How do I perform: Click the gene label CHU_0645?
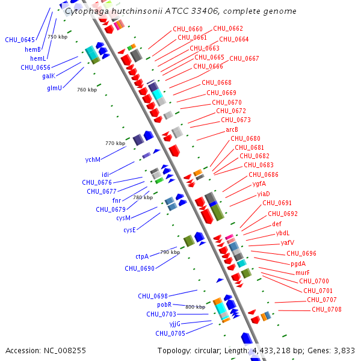click(20, 40)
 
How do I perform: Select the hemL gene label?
click(38, 58)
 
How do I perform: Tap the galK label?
click(49, 76)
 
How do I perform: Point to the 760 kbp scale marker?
click(87, 90)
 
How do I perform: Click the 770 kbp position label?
click(116, 143)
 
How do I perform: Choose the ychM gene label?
click(93, 159)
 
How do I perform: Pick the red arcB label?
click(232, 129)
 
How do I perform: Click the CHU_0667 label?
click(244, 58)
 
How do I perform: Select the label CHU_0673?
click(236, 120)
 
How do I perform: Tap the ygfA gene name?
click(259, 184)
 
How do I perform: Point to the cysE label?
click(129, 230)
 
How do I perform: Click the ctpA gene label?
click(142, 256)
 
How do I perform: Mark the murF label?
click(303, 273)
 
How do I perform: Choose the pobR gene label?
click(164, 304)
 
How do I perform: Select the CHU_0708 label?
click(327, 309)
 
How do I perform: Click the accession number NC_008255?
click(65, 350)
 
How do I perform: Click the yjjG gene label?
click(175, 324)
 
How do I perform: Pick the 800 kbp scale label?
click(195, 307)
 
